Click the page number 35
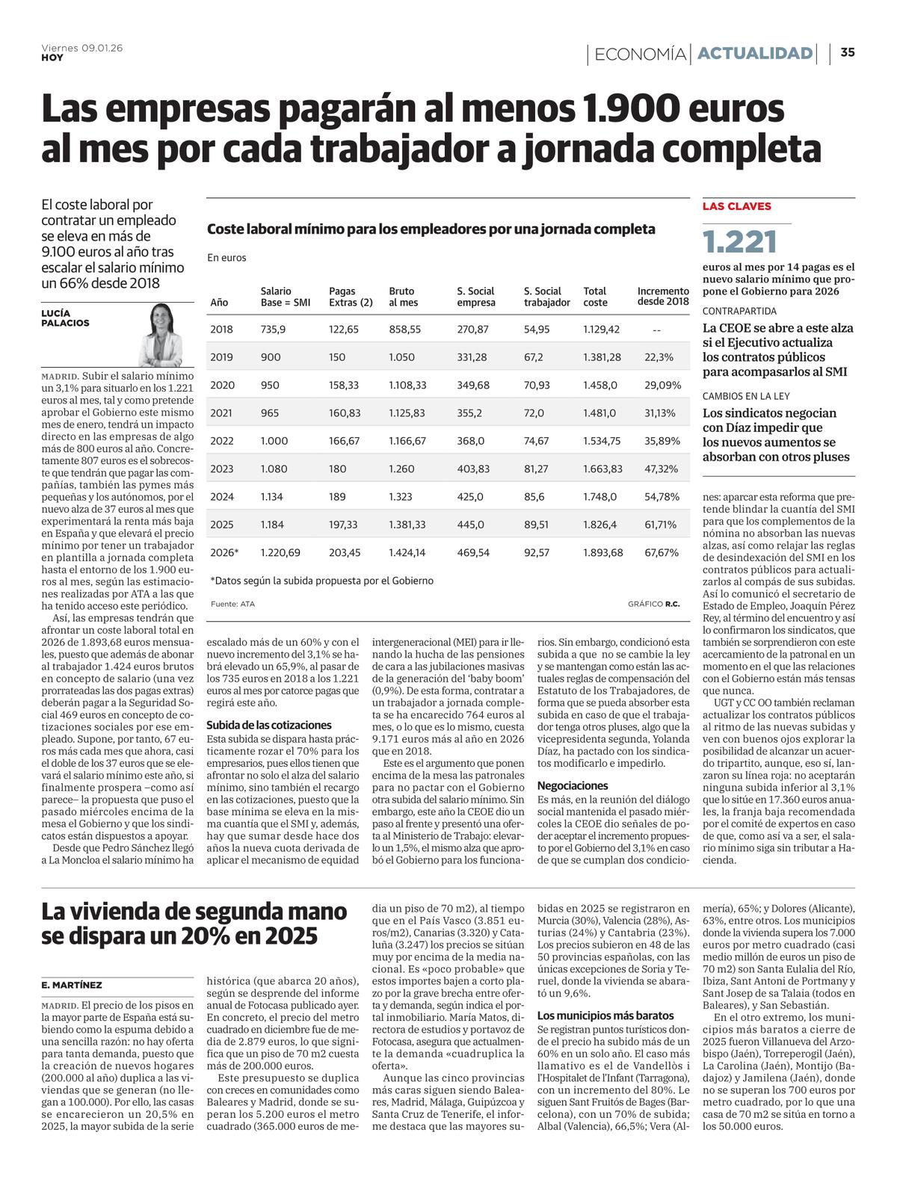(848, 52)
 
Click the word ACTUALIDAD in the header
(755, 53)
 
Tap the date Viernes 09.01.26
(82, 47)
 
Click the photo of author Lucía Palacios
(162, 334)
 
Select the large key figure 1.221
(740, 241)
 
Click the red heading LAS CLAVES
(736, 206)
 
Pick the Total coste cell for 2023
(602, 469)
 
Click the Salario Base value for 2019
(271, 357)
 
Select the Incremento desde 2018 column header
(663, 297)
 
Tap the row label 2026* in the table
(224, 552)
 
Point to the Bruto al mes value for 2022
(407, 441)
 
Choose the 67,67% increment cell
(662, 552)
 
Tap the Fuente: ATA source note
(232, 604)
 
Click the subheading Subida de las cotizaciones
(269, 725)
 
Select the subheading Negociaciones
(573, 785)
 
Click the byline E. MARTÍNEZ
(72, 985)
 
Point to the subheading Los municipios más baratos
(605, 1016)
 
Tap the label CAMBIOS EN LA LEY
(745, 396)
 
